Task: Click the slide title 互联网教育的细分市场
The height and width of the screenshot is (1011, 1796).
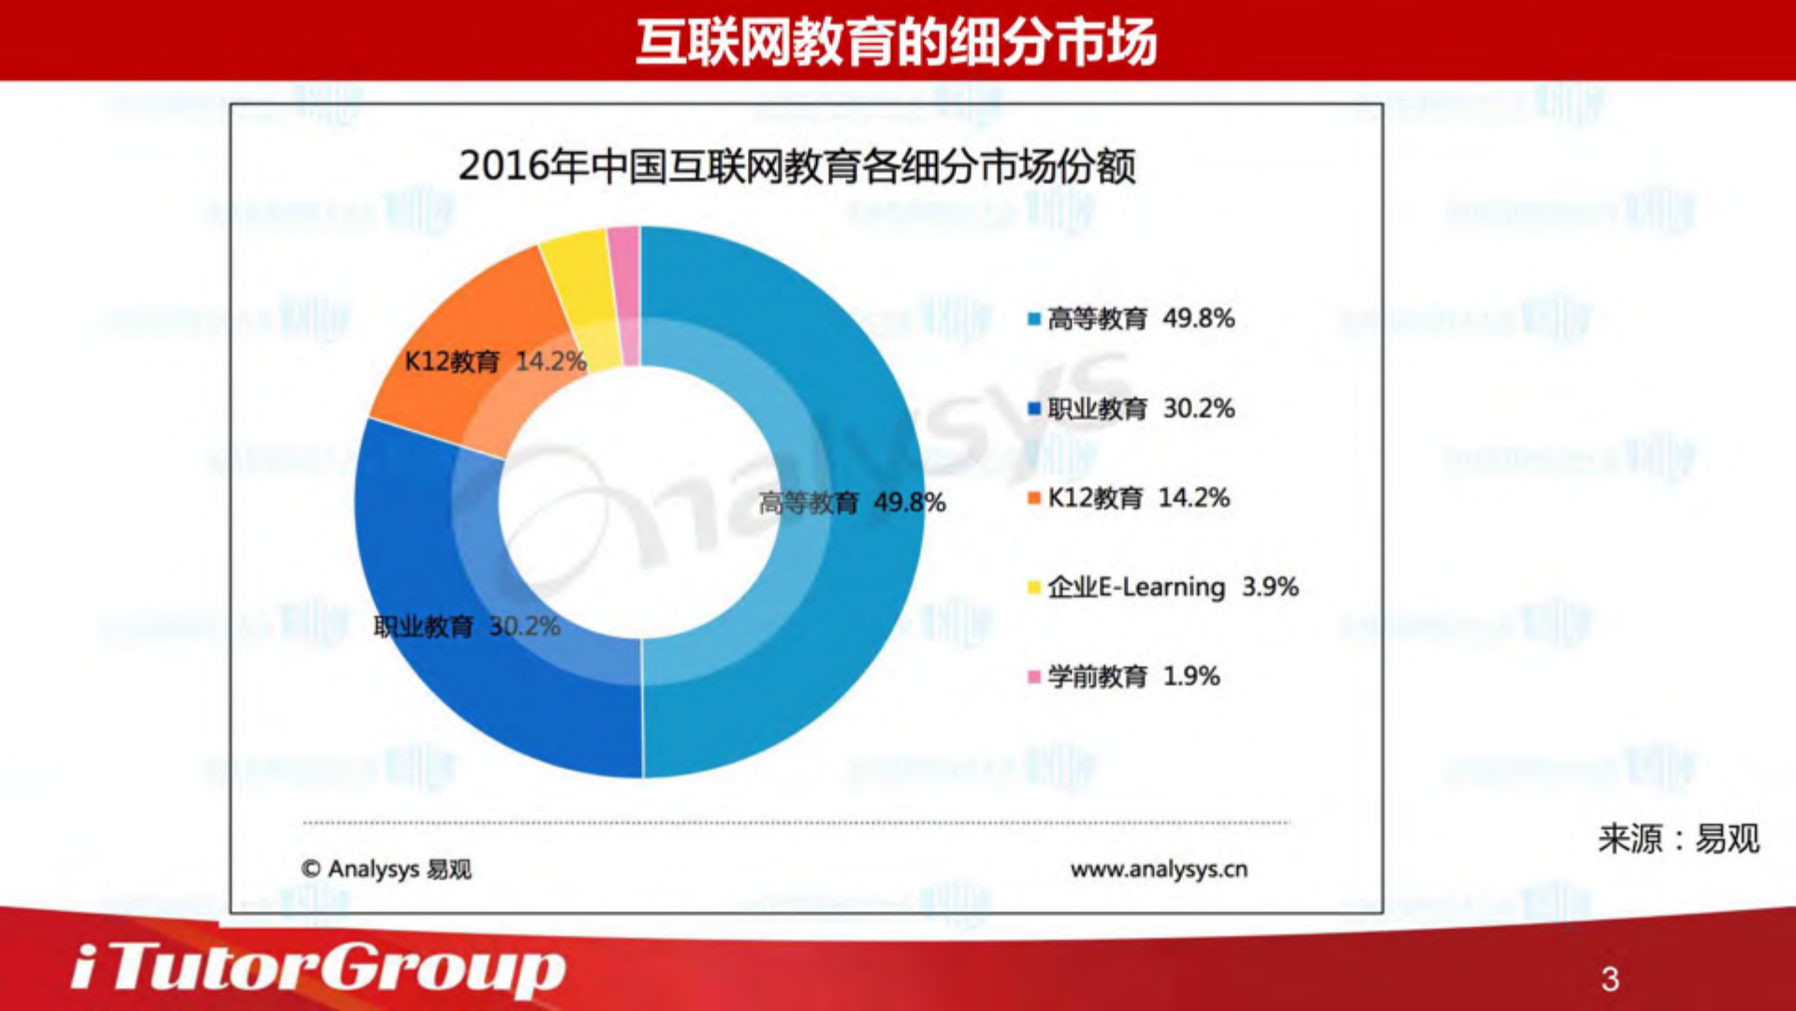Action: (x=896, y=42)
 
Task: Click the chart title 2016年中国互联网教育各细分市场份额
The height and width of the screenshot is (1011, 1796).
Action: (x=796, y=167)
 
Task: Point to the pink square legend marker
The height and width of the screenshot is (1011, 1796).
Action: (x=1034, y=677)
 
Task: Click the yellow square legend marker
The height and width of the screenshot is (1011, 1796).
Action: (x=1034, y=588)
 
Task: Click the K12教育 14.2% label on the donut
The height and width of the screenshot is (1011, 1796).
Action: (x=495, y=361)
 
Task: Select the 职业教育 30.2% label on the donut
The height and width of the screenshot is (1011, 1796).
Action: (x=467, y=626)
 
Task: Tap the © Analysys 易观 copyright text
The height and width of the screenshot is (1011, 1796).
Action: (x=387, y=870)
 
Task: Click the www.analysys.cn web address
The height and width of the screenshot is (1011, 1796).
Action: (x=1159, y=870)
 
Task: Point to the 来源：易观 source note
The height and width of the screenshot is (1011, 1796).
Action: (x=1678, y=839)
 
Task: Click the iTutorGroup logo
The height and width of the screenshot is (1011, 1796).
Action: (x=318, y=968)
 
